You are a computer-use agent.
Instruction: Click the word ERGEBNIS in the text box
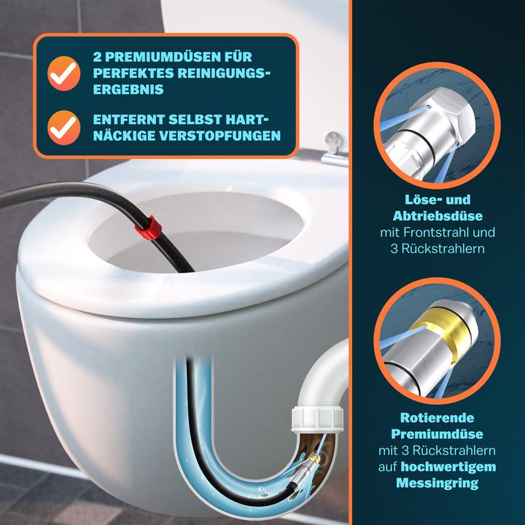(124, 88)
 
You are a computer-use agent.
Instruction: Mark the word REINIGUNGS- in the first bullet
(226, 72)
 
